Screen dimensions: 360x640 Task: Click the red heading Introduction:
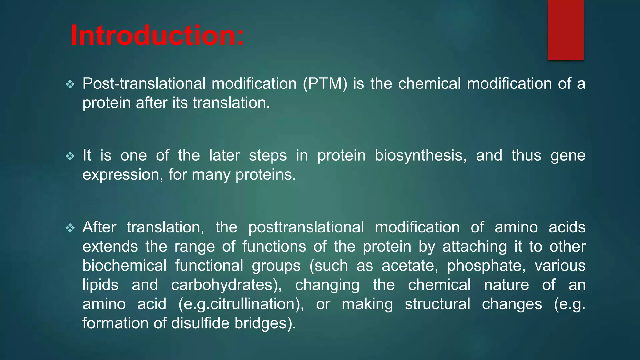click(157, 35)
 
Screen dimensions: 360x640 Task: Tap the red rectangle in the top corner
click(566, 30)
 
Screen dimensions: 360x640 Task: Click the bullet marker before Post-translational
click(70, 84)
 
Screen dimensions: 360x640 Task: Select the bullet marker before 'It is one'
click(70, 156)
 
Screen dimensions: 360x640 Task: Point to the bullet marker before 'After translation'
click(70, 228)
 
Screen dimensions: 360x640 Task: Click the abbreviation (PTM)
click(325, 84)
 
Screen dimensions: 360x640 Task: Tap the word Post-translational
click(144, 84)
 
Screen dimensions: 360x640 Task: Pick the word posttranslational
click(306, 227)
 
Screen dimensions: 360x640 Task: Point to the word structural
click(437, 304)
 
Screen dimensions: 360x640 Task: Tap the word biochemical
click(124, 266)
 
